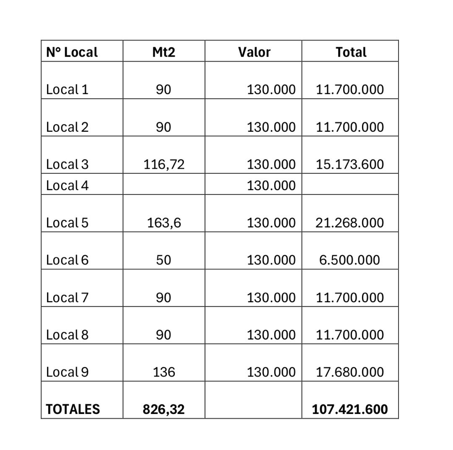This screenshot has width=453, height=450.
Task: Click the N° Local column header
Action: [72, 52]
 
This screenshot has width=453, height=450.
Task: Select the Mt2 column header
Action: [164, 52]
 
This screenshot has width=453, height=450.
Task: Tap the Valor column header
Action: [254, 52]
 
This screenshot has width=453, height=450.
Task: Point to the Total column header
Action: [351, 52]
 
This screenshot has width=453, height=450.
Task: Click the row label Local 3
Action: [67, 164]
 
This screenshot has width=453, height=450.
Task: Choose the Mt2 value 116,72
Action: [164, 164]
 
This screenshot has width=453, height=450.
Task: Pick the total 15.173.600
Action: [349, 164]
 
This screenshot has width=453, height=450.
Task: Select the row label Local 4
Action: [67, 185]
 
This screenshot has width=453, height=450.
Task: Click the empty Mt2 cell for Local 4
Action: [164, 184]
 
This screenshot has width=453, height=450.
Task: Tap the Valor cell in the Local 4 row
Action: [271, 185]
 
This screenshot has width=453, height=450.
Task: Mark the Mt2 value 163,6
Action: [164, 222]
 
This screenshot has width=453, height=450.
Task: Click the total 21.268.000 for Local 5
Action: [349, 222]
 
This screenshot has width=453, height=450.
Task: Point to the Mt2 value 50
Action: [164, 260]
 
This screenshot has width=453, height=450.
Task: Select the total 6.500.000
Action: [349, 260]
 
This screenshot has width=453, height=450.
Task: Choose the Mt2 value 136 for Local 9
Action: [164, 372]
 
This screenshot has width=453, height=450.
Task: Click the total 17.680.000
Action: [349, 372]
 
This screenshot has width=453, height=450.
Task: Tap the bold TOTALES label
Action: [73, 409]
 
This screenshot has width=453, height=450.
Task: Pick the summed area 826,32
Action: [164, 409]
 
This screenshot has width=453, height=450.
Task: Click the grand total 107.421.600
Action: [349, 409]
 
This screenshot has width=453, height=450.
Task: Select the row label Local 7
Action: [67, 297]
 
